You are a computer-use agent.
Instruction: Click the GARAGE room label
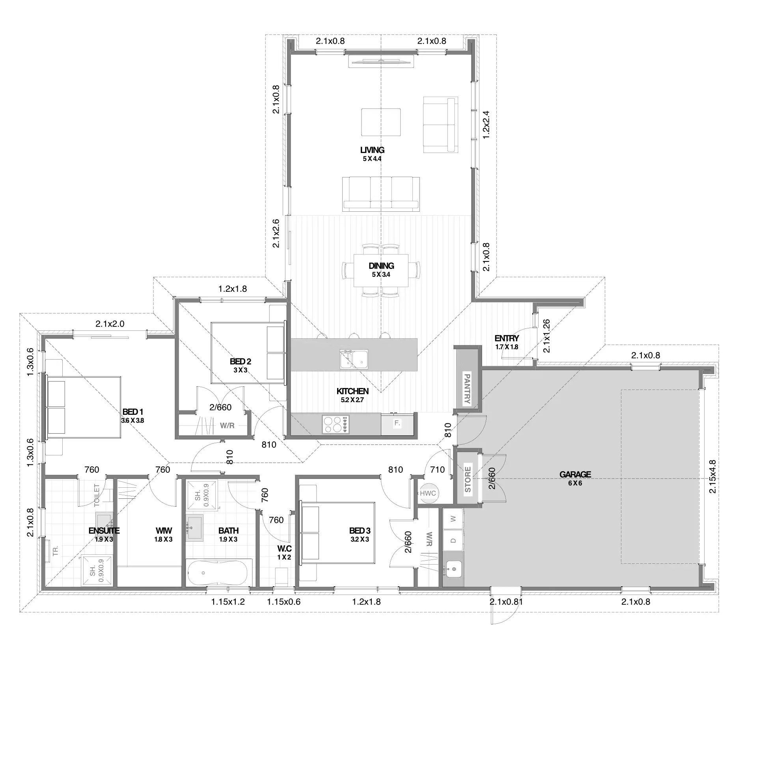pyautogui.click(x=575, y=474)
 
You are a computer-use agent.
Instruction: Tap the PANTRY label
pyautogui.click(x=467, y=389)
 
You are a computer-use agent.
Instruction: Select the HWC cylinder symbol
pyautogui.click(x=428, y=493)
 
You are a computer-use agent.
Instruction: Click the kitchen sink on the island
pyautogui.click(x=354, y=359)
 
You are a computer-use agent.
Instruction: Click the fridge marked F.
pyautogui.click(x=397, y=424)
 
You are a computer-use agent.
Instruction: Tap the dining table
pyautogui.click(x=381, y=270)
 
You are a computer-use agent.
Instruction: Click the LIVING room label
pyautogui.click(x=372, y=150)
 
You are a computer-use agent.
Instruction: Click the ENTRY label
pyautogui.click(x=507, y=338)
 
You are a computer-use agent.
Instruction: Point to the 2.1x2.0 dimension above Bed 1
pyautogui.click(x=110, y=324)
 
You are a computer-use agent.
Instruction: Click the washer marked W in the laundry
pyautogui.click(x=453, y=518)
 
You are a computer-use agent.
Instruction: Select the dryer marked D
pyautogui.click(x=453, y=540)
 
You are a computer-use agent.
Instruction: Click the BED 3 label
pyautogui.click(x=360, y=531)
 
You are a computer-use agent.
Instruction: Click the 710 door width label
pyautogui.click(x=438, y=470)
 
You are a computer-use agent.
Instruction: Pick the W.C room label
pyautogui.click(x=284, y=549)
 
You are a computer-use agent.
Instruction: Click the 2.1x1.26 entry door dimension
pyautogui.click(x=546, y=336)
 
